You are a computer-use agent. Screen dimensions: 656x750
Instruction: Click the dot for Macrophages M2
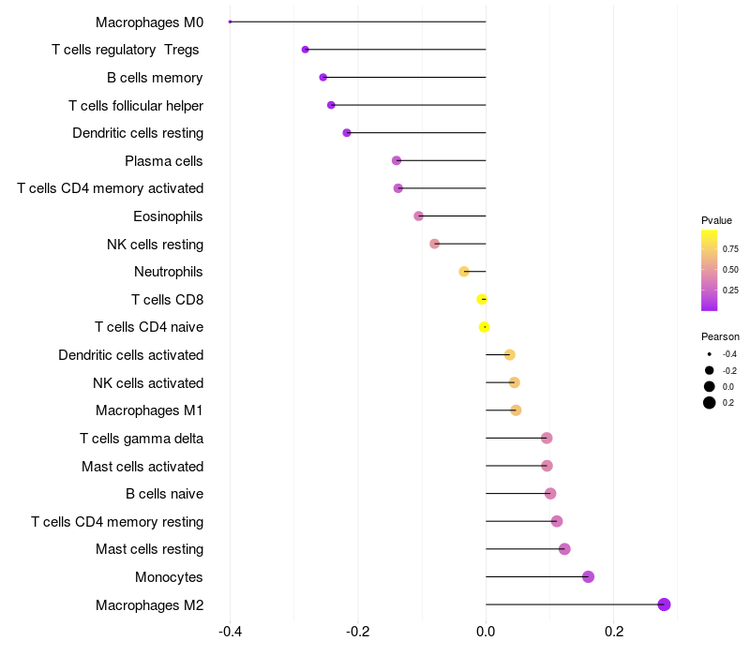(x=665, y=604)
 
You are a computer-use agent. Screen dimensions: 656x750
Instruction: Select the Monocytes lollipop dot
(x=589, y=576)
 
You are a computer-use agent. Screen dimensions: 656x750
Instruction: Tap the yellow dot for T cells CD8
(x=482, y=300)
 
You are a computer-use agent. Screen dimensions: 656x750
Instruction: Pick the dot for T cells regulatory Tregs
(x=305, y=50)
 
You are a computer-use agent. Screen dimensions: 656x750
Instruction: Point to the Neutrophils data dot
(x=464, y=272)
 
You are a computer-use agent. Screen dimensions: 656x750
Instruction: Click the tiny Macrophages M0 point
(x=231, y=22)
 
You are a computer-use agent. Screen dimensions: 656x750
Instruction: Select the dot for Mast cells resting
(x=564, y=549)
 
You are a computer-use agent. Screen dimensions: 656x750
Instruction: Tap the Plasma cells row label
(x=163, y=161)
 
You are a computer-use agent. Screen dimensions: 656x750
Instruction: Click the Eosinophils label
(x=168, y=216)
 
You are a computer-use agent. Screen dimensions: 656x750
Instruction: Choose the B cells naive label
(x=164, y=494)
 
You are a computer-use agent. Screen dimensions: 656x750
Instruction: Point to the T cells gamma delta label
(x=142, y=439)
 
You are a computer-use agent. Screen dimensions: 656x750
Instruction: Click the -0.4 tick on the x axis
(x=231, y=632)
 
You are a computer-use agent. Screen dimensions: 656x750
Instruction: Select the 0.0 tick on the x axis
(x=486, y=632)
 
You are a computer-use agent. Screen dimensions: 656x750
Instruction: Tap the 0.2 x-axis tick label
(x=613, y=632)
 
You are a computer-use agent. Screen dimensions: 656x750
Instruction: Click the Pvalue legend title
(x=716, y=220)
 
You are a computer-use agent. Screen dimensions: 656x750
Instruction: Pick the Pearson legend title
(x=720, y=336)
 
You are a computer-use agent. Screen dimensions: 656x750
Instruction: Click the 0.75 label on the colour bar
(x=730, y=249)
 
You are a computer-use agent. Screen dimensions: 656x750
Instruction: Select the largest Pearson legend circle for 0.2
(x=710, y=403)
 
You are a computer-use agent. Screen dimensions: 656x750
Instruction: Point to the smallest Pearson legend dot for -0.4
(x=710, y=354)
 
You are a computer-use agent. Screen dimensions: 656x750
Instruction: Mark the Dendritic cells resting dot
(x=347, y=133)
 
